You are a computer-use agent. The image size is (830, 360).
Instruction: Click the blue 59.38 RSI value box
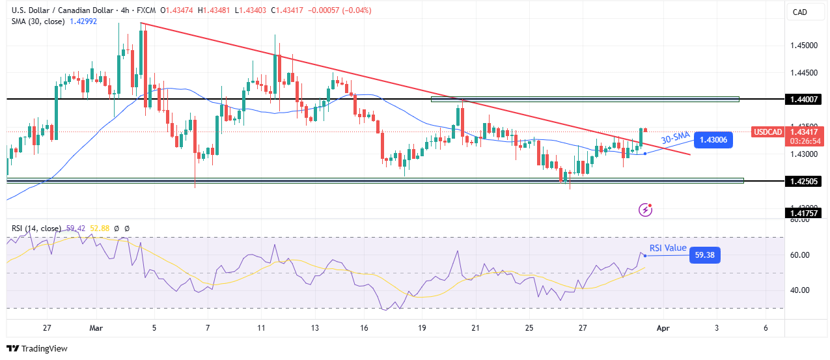(705, 256)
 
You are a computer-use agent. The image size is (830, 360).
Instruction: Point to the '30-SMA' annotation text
(675, 138)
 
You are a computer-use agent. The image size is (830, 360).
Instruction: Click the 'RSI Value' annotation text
(668, 247)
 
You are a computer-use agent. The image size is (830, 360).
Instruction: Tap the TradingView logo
(37, 348)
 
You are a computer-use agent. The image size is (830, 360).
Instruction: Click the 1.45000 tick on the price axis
(806, 46)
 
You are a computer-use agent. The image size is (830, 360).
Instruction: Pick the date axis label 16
(364, 327)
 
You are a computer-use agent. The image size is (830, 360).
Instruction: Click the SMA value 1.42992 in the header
(84, 20)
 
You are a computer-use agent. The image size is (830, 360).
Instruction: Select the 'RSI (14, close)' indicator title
(36, 228)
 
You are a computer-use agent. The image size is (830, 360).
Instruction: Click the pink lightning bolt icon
(646, 209)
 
